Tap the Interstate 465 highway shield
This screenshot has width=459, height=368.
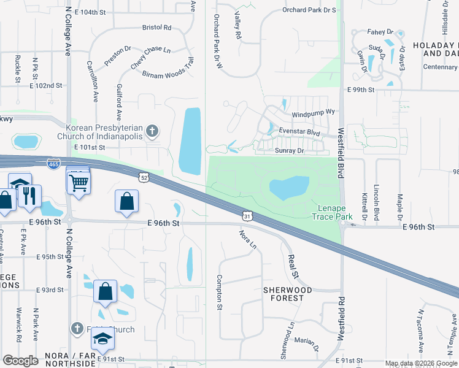[53, 164]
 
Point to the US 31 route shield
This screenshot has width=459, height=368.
[246, 216]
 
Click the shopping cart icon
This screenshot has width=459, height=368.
[79, 181]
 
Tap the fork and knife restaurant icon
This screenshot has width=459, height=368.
[29, 196]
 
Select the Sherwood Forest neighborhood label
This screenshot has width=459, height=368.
[287, 294]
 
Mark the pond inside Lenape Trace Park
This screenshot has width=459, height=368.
[289, 188]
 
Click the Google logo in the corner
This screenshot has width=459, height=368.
[20, 361]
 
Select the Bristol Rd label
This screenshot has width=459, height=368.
[156, 28]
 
